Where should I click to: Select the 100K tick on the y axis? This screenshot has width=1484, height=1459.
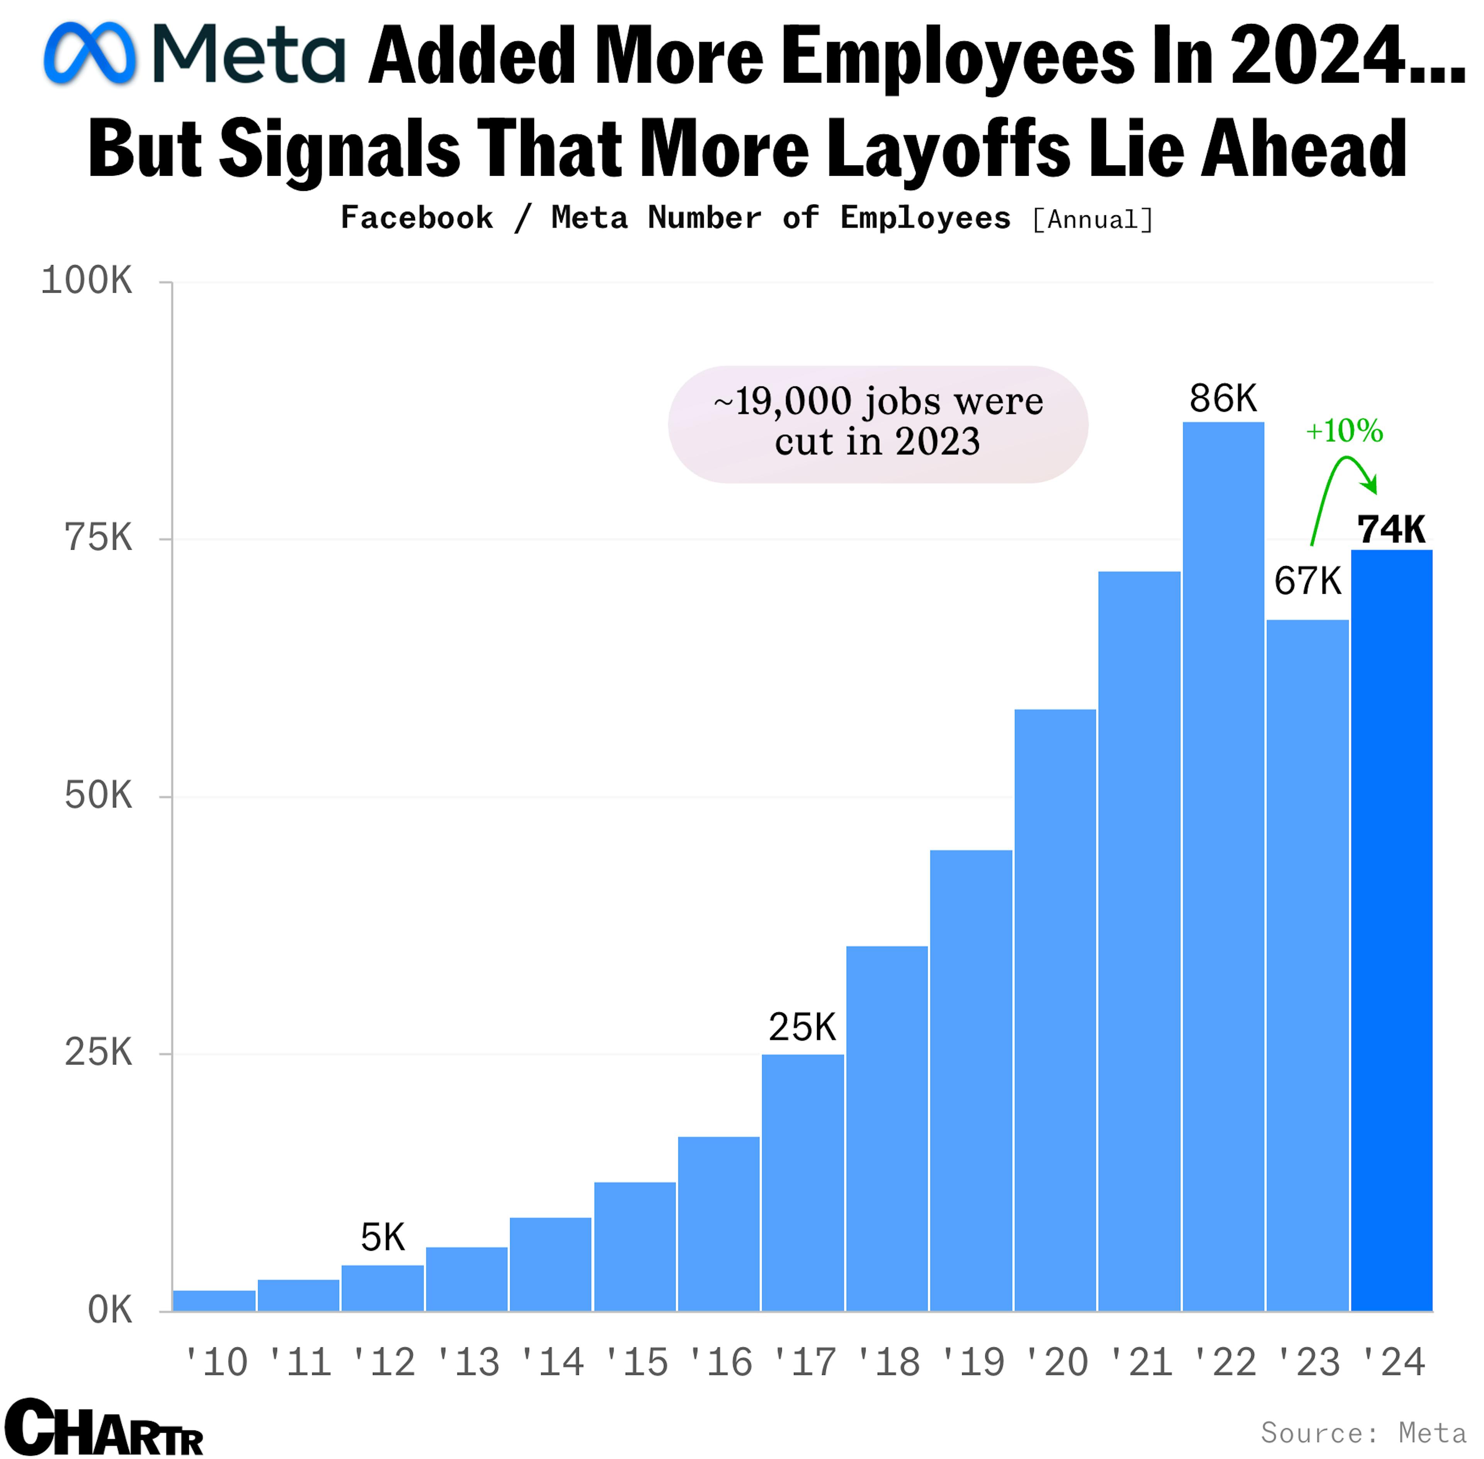pos(86,281)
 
